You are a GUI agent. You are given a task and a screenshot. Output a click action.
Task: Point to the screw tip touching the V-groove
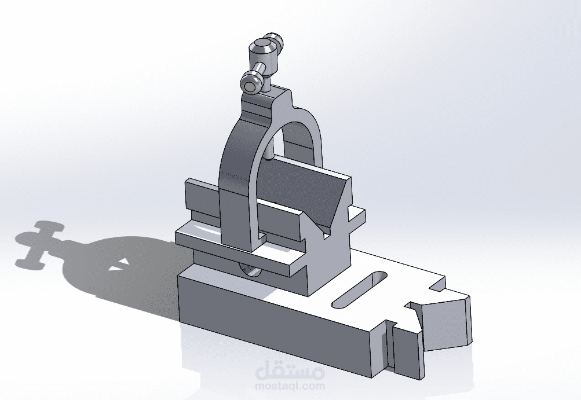point(269,158)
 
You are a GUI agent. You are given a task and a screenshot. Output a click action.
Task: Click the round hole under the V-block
point(250,270)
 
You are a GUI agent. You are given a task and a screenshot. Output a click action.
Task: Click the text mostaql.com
point(290,386)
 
